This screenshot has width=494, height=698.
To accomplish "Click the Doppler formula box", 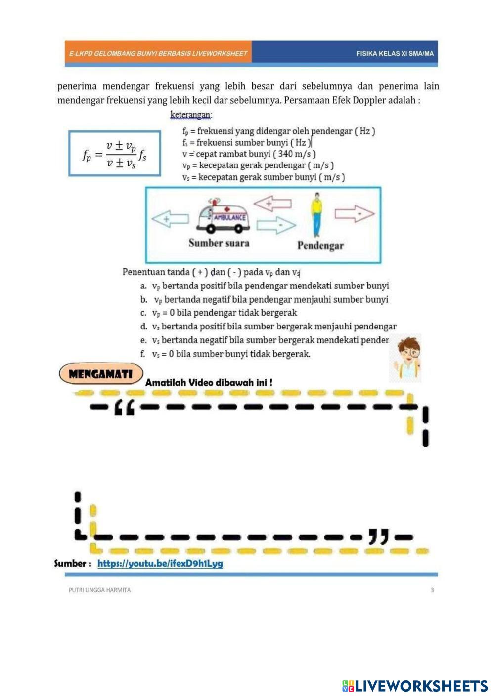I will [114, 154].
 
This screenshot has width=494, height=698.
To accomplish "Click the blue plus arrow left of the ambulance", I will [170, 218].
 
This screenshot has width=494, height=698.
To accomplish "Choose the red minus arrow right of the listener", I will [355, 214].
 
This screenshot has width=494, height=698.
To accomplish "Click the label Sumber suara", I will [219, 243].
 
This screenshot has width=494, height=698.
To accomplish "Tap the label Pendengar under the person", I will [320, 246].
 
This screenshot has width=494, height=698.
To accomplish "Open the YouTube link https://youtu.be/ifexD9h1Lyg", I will [160, 563].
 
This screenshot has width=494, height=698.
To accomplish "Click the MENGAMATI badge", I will [101, 374].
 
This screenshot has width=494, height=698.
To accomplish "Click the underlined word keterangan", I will [191, 115].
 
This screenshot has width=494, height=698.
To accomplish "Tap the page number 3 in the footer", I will [432, 590].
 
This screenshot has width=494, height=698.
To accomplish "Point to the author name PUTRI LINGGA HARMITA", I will [100, 590].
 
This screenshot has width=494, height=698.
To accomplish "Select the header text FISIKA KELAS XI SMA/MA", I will [395, 53].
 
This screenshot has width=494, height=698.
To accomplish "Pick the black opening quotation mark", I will [124, 408].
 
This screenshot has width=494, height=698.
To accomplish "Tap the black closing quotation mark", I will [379, 536].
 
